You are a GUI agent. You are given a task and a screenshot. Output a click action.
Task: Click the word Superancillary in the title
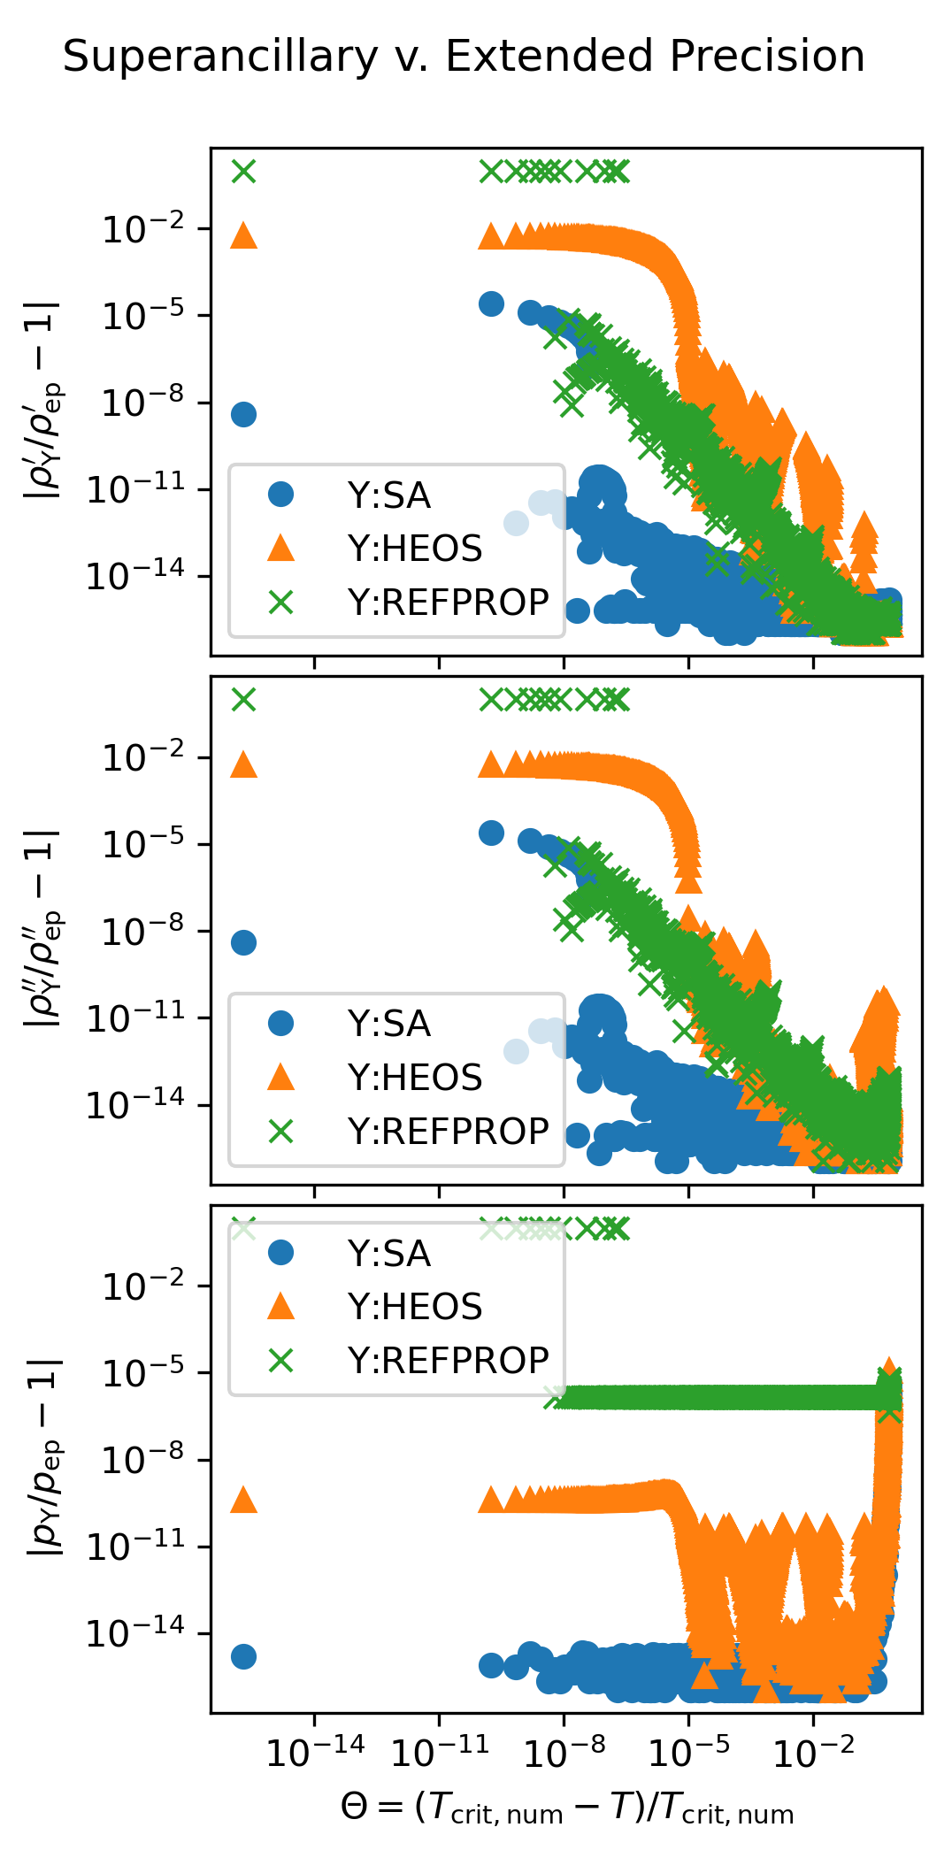[x=220, y=58]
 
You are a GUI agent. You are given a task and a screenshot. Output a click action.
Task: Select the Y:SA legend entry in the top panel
[x=388, y=495]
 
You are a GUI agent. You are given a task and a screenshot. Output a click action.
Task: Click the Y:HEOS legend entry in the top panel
[x=414, y=549]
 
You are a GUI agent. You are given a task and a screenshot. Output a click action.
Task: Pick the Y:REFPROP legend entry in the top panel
[x=448, y=603]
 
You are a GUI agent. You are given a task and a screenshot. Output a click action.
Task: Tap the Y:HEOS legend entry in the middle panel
[x=414, y=1078]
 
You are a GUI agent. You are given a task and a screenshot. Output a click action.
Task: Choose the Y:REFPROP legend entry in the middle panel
[x=448, y=1131]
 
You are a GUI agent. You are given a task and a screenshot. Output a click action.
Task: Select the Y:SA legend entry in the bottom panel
[x=388, y=1254]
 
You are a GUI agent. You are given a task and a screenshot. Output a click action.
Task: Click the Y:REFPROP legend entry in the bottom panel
[x=448, y=1360]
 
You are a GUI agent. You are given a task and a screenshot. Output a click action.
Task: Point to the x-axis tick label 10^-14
[x=315, y=1750]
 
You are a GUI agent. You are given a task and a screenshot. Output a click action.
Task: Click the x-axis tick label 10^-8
[x=564, y=1750]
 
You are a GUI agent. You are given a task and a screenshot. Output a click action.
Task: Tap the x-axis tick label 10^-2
[x=814, y=1750]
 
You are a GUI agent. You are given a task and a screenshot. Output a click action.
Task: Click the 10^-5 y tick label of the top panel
[x=143, y=316]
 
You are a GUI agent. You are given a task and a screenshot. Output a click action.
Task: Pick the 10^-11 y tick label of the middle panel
[x=135, y=1018]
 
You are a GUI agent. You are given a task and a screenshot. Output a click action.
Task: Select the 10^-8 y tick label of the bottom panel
[x=143, y=1459]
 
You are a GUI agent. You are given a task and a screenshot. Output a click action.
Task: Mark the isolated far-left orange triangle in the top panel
[x=243, y=235]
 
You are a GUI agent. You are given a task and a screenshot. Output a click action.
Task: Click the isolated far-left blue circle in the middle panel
[x=243, y=942]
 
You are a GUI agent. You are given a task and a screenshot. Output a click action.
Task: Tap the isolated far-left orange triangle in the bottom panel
[x=243, y=1500]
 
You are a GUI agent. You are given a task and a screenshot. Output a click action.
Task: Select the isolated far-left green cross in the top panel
[x=243, y=171]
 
